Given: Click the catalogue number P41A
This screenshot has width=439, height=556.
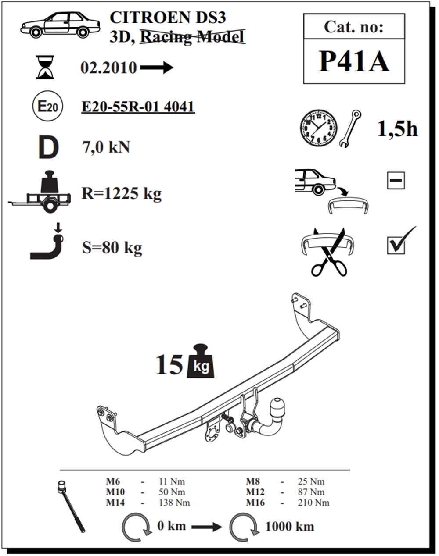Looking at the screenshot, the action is [354, 62].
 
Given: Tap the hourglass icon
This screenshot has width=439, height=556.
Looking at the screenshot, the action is [45, 67].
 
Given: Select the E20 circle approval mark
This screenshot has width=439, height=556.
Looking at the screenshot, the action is [47, 106].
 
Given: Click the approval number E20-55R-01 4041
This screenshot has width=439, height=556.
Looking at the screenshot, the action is [138, 107].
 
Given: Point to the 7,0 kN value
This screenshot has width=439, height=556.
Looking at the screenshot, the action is [106, 147].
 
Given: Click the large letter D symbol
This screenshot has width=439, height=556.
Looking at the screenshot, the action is [48, 147].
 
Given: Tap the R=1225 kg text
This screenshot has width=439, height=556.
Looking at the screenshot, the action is [122, 194].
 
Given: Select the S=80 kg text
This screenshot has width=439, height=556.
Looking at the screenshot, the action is [112, 248].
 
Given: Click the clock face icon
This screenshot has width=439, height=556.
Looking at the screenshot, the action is [319, 128].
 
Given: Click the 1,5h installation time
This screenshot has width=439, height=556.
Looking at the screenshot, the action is [397, 129].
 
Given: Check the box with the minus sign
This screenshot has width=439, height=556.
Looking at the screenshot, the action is [396, 180].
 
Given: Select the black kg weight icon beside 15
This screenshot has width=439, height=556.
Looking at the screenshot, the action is [201, 361].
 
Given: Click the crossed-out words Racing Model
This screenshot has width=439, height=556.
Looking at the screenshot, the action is [192, 36].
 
